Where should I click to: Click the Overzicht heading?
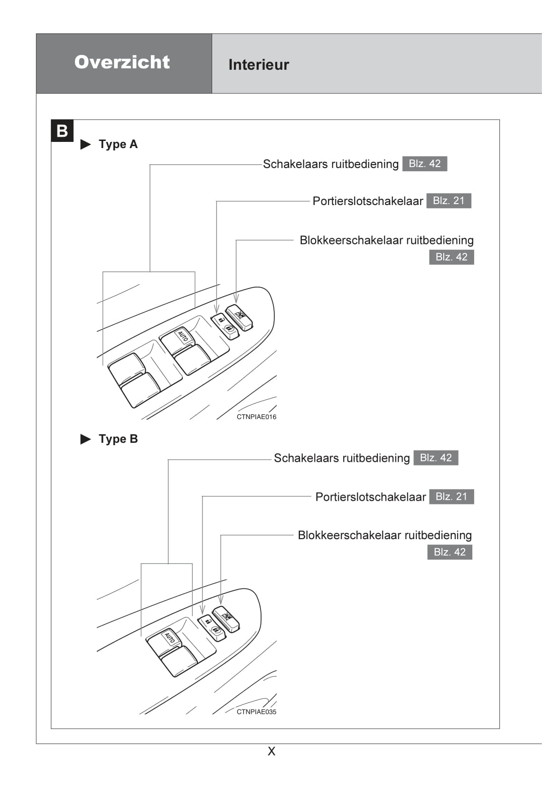point(122,62)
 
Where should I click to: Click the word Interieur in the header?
point(259,65)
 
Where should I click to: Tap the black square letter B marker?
point(62,131)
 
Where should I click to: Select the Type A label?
point(118,144)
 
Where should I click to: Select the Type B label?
point(118,439)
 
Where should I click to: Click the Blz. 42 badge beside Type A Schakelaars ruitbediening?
point(424,164)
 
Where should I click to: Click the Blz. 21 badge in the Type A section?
point(449,201)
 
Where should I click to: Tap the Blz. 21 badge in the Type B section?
point(451,496)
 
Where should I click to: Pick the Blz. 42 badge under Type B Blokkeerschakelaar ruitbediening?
point(449,552)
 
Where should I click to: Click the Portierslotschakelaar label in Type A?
point(367,201)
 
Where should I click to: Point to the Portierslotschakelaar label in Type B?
point(370,497)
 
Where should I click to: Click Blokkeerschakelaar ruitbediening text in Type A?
point(386,240)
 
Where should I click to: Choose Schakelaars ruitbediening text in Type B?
point(342,458)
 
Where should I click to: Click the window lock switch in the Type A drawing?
point(239,317)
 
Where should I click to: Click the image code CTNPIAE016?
point(256,417)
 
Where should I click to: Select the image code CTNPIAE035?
point(256,711)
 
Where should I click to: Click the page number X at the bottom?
point(271,751)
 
